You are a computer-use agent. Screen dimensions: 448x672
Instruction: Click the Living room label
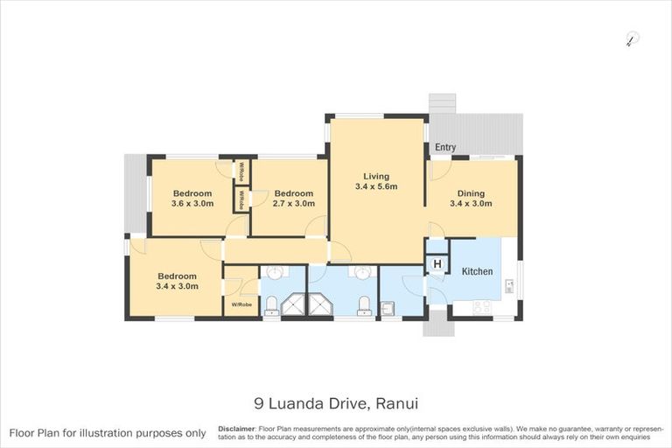376,176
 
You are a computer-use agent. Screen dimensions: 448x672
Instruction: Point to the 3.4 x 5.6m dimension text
376,187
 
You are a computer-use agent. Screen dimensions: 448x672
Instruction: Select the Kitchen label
477,271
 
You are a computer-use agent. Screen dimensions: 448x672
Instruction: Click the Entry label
444,148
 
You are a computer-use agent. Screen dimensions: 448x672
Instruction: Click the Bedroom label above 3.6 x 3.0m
192,193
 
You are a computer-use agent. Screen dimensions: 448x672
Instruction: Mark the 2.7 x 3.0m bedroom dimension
293,204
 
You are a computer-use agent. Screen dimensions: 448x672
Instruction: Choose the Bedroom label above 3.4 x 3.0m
177,275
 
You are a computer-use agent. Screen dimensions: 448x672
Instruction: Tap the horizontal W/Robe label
241,304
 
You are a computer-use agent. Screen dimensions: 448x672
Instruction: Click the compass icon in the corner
632,38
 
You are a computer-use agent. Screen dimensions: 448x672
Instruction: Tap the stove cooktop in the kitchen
482,307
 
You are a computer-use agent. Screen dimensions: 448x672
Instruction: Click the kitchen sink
507,285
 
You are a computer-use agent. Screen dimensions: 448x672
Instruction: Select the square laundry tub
388,307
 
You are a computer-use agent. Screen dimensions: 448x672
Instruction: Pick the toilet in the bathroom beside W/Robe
271,304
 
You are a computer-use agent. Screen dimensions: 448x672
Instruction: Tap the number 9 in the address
258,404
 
